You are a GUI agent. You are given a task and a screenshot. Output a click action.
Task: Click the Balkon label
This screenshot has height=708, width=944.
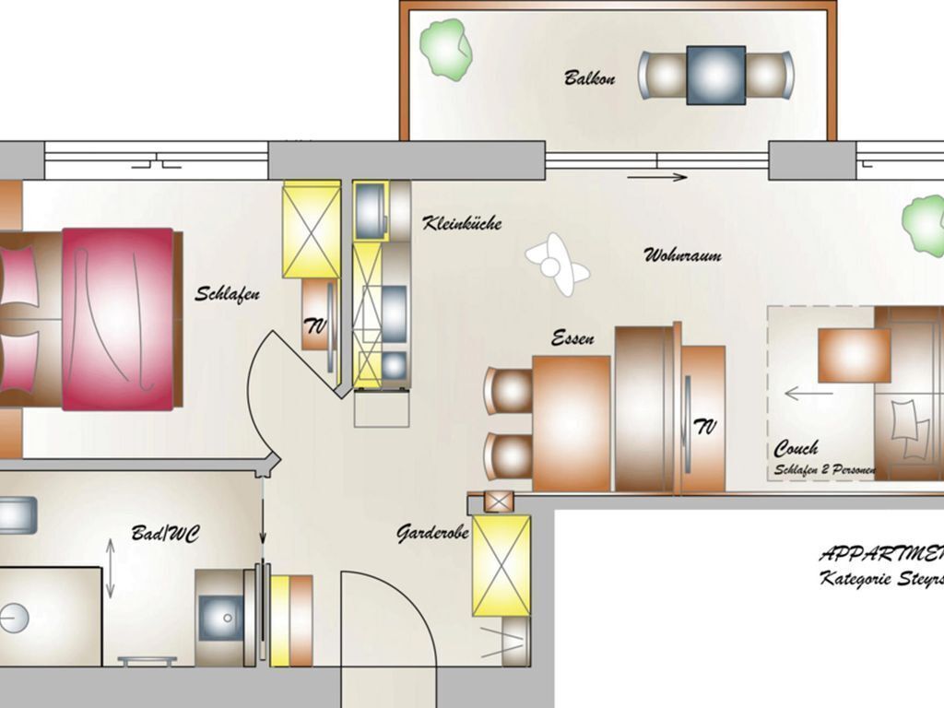click(x=590, y=77)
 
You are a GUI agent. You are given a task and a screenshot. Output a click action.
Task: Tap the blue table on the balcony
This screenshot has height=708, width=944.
click(x=715, y=74)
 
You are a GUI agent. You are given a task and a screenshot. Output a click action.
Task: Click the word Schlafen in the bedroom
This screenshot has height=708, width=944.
click(x=227, y=294)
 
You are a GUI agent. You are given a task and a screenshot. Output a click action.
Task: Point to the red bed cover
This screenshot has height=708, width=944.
click(x=118, y=318)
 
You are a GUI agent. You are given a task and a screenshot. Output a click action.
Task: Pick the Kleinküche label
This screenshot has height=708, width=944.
click(x=462, y=223)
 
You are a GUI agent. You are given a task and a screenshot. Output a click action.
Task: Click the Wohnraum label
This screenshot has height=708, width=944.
click(x=682, y=255)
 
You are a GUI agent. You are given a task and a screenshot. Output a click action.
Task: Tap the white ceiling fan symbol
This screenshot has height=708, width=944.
click(x=556, y=264)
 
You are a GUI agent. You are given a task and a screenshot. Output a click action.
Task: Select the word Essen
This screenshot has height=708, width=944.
click(x=572, y=338)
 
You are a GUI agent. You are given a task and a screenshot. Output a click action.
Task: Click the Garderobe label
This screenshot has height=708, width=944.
click(x=433, y=533)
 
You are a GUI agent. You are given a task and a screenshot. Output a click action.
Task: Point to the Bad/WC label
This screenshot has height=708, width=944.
click(x=166, y=534)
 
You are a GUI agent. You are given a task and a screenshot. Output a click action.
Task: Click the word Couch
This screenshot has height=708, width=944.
click(x=796, y=449)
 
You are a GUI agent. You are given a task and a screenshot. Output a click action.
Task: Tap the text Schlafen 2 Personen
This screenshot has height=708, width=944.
click(x=824, y=470)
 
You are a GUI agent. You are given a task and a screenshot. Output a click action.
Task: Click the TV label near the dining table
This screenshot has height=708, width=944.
click(x=705, y=426)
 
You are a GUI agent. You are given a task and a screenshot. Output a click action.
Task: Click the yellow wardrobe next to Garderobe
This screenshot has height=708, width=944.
click(x=501, y=565)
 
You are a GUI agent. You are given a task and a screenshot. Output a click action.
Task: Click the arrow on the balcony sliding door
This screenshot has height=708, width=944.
click(x=657, y=176)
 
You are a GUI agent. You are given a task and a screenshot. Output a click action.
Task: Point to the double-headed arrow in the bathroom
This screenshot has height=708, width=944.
click(x=110, y=569)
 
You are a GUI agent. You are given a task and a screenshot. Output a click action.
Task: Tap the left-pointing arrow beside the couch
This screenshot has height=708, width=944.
click(x=808, y=394)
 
